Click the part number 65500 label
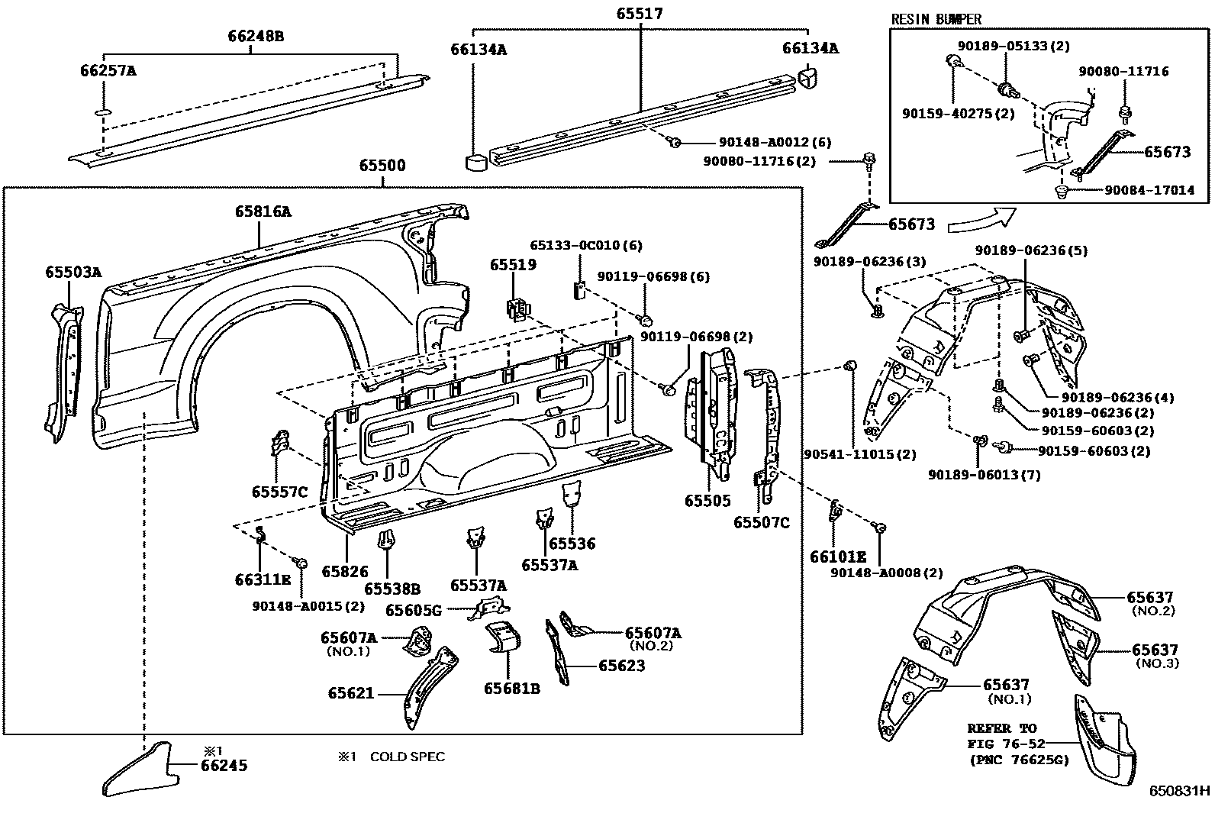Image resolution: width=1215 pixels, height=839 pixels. pyautogui.click(x=382, y=165)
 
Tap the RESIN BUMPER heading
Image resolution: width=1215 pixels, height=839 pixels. pyautogui.click(x=936, y=20)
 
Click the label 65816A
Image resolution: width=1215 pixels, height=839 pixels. pyautogui.click(x=263, y=211)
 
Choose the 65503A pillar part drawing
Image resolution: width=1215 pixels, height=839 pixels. pyautogui.click(x=64, y=373)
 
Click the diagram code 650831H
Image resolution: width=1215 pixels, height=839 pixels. pyautogui.click(x=1179, y=791)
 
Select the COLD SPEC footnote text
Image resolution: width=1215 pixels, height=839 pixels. pyautogui.click(x=408, y=757)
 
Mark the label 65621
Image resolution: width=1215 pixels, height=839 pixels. pyautogui.click(x=351, y=693)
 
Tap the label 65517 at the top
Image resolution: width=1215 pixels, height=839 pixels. pyautogui.click(x=640, y=13)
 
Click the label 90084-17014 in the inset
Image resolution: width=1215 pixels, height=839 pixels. pyautogui.click(x=1149, y=190)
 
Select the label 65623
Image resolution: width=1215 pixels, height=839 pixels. pyautogui.click(x=621, y=666)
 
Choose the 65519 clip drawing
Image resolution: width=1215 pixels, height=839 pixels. pyautogui.click(x=517, y=308)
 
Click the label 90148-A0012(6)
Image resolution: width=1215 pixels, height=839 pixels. pyautogui.click(x=775, y=142)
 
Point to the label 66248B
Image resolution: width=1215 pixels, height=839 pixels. pyautogui.click(x=256, y=36)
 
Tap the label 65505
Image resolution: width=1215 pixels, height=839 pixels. pyautogui.click(x=707, y=500)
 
